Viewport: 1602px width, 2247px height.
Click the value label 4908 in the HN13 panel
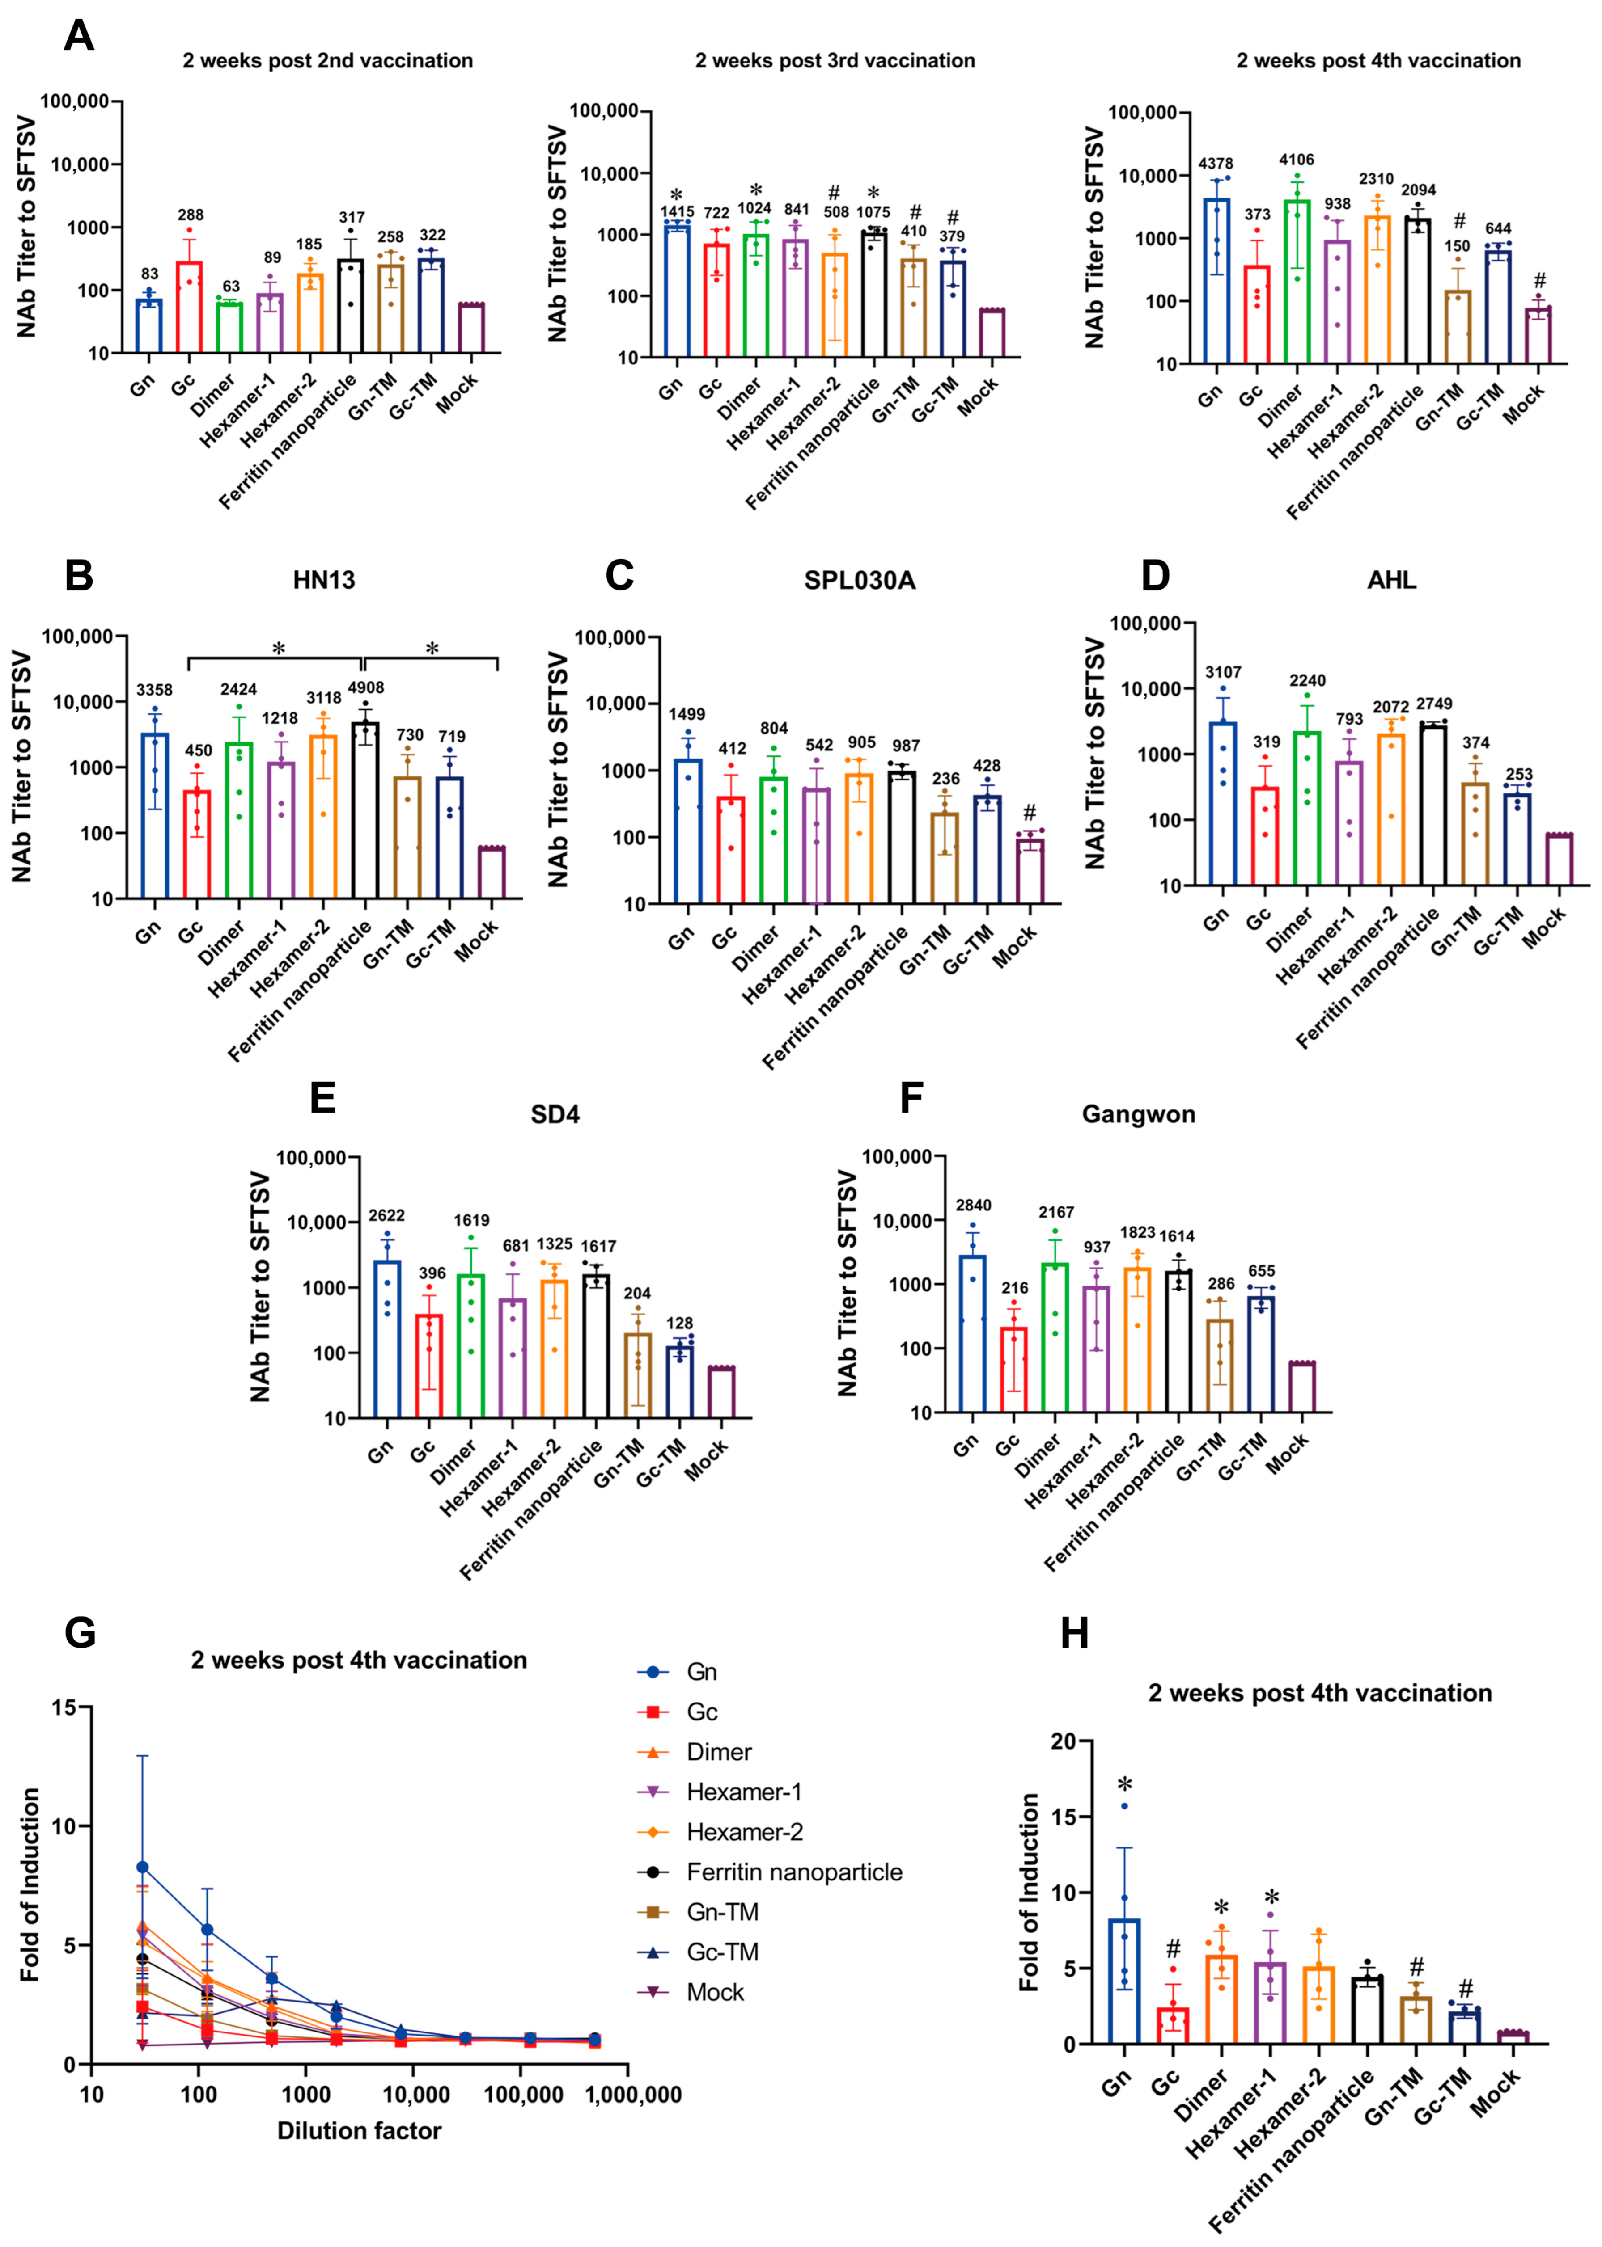pyautogui.click(x=366, y=688)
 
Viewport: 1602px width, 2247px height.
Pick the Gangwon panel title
pyautogui.click(x=1138, y=1114)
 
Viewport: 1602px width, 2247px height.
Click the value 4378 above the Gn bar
pyautogui.click(x=1215, y=164)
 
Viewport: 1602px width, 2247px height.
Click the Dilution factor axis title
pyautogui.click(x=359, y=2131)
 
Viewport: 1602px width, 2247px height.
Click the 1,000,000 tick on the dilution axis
pyautogui.click(x=633, y=2094)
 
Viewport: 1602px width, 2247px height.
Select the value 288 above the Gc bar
pyautogui.click(x=191, y=215)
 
